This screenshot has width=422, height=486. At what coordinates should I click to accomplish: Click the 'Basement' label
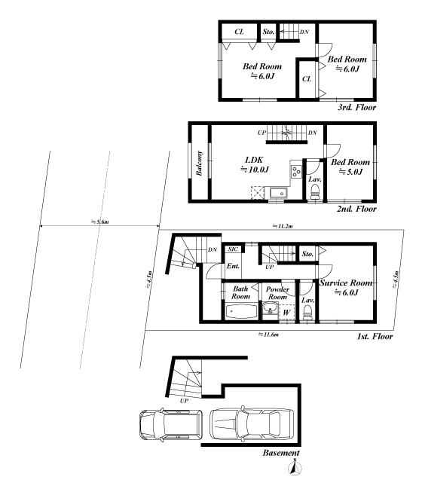[x=282, y=453]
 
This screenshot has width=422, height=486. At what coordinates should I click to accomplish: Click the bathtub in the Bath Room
[x=240, y=311]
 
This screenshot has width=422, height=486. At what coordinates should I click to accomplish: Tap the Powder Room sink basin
[x=270, y=307]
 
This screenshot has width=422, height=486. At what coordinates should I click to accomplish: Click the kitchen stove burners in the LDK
[x=296, y=170]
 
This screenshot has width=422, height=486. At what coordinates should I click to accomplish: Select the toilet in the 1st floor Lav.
[x=307, y=315]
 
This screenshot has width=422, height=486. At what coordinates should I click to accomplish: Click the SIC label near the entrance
[x=234, y=249]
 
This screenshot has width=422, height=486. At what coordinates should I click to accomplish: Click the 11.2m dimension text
[x=283, y=225]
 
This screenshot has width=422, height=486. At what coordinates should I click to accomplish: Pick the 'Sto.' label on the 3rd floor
[x=268, y=32]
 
